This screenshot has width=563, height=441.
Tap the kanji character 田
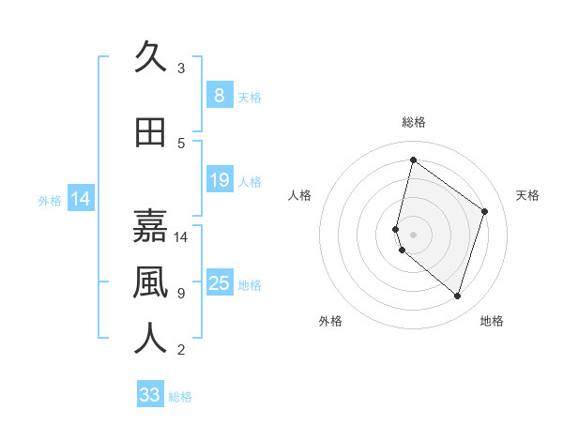[x=151, y=132]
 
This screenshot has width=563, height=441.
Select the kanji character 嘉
[x=151, y=226]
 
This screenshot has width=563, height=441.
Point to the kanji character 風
[x=151, y=282]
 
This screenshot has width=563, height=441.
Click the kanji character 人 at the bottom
[x=151, y=339]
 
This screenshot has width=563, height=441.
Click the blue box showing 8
[x=219, y=95]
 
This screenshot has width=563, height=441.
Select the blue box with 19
[x=219, y=179]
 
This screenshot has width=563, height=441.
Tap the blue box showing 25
[x=219, y=282]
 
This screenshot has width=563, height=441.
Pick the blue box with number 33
[x=150, y=395]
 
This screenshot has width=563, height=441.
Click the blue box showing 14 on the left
[x=80, y=199]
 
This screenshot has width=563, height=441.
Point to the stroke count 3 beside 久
[x=181, y=68]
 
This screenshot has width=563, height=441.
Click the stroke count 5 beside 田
[x=181, y=143]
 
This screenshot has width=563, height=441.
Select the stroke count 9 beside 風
[x=181, y=293]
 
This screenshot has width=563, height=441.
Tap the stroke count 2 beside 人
[x=181, y=350]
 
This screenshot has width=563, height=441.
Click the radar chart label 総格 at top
[x=413, y=122]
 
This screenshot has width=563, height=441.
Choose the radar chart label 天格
[x=527, y=195]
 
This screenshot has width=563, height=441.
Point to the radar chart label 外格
[x=330, y=321]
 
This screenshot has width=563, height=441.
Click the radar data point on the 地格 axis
[x=457, y=296]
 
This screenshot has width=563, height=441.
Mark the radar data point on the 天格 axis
[x=485, y=211]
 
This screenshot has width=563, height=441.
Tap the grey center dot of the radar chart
[x=413, y=234]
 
